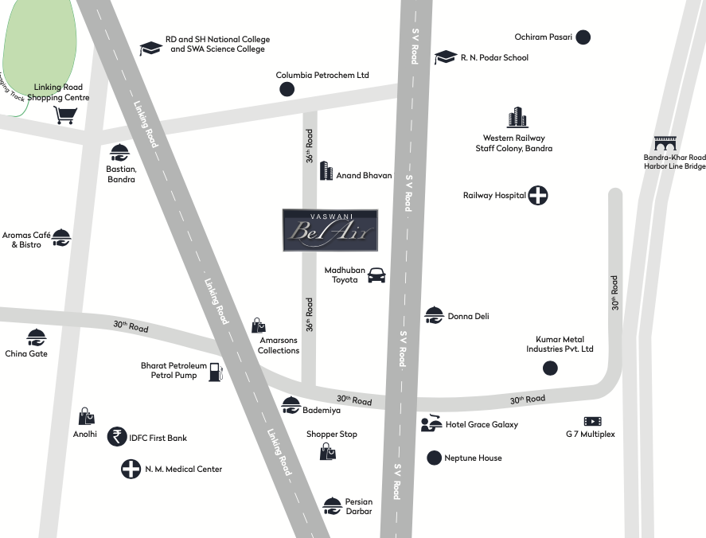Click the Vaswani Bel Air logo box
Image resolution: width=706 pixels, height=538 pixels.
point(330,230)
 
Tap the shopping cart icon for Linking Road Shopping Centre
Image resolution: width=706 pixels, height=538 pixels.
point(65,115)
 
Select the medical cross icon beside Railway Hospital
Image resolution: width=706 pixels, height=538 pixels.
point(539,195)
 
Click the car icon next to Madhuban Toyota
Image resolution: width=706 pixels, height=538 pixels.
point(376,275)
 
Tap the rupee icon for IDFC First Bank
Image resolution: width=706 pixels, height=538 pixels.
point(117,436)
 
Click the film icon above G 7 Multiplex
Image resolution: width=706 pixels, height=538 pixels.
point(592,421)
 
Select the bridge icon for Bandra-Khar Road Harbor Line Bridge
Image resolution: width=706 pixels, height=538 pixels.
point(665,143)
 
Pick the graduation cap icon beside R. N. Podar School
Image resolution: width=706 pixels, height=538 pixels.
point(445,57)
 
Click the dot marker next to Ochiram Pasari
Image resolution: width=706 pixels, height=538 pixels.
point(583,37)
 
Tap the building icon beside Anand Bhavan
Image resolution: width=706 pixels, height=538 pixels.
point(326,170)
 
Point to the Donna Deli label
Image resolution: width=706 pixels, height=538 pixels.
point(468,316)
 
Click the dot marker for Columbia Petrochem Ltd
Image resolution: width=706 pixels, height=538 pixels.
point(287,89)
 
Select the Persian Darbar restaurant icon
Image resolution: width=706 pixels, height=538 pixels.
point(332,505)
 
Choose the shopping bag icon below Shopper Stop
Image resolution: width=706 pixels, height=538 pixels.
point(328,452)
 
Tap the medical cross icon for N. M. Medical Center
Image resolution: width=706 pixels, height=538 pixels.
point(131,469)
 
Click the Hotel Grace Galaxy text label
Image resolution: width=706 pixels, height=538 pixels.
point(482,424)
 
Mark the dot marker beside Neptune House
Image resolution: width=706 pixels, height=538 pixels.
point(434,458)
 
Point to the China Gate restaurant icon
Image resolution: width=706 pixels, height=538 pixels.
point(36,337)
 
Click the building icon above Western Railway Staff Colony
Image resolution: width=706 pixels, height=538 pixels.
point(517,118)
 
